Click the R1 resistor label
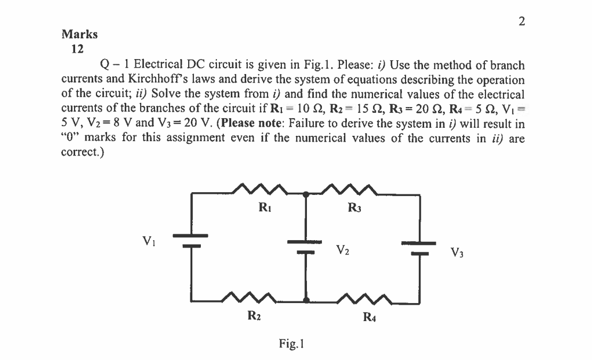point(262,208)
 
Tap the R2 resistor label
point(254,317)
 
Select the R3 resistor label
point(354,208)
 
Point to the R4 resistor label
point(369,318)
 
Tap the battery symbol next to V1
point(190,241)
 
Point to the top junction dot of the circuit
point(306,195)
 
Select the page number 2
point(521,21)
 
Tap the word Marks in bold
point(80,35)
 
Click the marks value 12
point(77,49)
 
